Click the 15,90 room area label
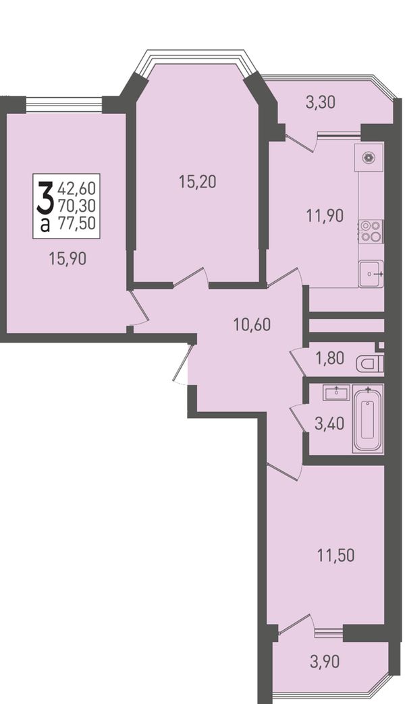[67, 259]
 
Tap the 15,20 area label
[197, 182]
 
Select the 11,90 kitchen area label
[325, 216]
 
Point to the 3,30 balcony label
[321, 102]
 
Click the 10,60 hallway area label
[252, 324]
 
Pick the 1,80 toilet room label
[330, 358]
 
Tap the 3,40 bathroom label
[329, 423]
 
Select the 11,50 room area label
[335, 556]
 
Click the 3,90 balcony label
[325, 661]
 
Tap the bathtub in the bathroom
[368, 419]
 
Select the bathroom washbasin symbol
[336, 392]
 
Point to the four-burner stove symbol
[371, 231]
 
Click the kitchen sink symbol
[371, 273]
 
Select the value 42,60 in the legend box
[77, 186]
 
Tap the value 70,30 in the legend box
[77, 205]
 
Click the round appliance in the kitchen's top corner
[369, 157]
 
